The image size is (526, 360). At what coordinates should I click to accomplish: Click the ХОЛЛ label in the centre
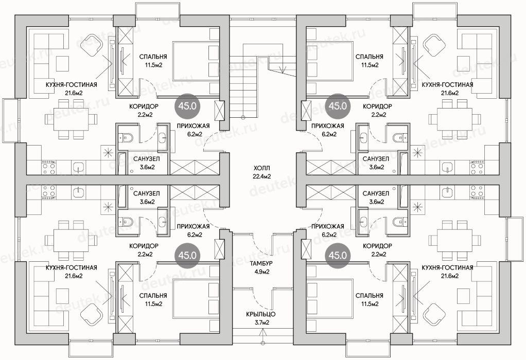pos(261,168)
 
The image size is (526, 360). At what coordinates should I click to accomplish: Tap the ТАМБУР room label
pos(261,263)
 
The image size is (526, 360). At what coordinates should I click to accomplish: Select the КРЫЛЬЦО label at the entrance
pos(260,314)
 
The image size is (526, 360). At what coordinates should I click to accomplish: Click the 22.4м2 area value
pos(261,176)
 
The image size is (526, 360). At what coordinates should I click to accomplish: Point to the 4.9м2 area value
pos(261,272)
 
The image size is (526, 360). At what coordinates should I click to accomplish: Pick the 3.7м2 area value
pos(260,323)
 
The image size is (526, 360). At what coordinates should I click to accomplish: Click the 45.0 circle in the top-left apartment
pos(187,106)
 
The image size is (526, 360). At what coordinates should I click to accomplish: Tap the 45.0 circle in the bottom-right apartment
pos(338,256)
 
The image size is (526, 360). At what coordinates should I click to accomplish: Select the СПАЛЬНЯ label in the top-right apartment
pos(370,57)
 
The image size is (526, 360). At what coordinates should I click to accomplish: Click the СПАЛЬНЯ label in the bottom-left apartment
pos(153,296)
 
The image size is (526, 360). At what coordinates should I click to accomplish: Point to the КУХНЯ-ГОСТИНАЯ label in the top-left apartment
pos(71,85)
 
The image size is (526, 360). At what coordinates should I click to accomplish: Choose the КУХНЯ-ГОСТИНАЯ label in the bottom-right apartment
pos(447,267)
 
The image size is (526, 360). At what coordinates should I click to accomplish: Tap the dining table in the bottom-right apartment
pos(454,240)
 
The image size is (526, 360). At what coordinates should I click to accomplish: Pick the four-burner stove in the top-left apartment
pos(48,168)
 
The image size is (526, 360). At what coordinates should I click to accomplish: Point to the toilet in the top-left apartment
pos(127,137)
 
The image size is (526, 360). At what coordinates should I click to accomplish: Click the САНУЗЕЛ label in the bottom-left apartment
pos(146,194)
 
